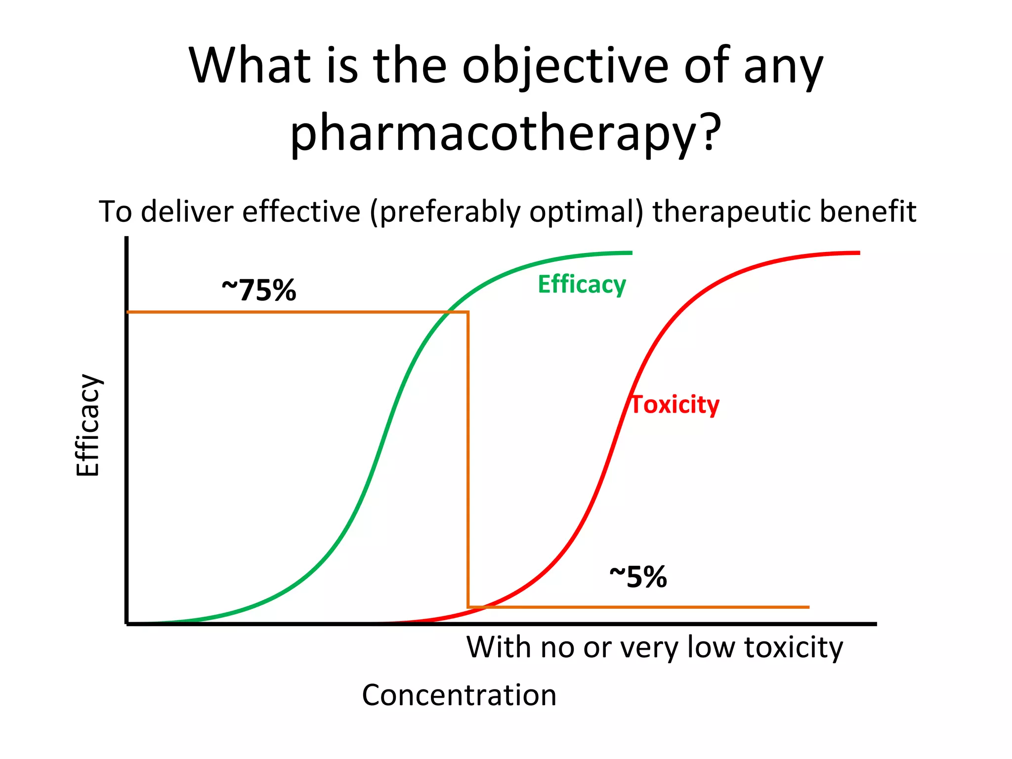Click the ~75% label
(259, 290)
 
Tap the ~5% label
(638, 577)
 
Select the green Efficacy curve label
(582, 285)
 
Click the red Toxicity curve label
(675, 405)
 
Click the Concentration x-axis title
(459, 695)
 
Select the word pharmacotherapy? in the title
(505, 131)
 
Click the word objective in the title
(565, 66)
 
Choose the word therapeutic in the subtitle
(731, 212)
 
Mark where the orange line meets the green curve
(448, 312)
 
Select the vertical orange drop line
(468, 460)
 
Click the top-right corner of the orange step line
(468, 312)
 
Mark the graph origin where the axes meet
(127, 624)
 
